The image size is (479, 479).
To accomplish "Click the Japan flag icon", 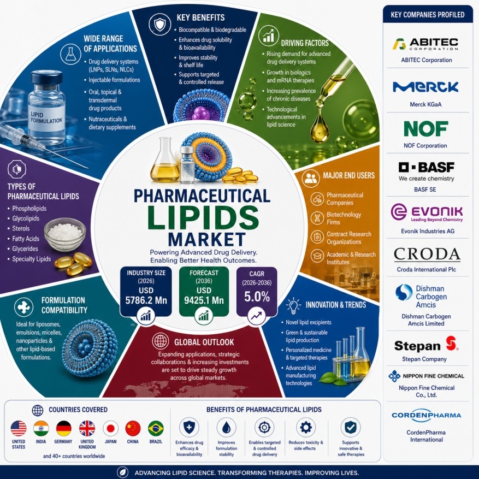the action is [x=110, y=428].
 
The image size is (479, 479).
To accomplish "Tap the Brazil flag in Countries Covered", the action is [x=156, y=428].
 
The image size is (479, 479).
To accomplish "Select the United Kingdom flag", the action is [x=87, y=428].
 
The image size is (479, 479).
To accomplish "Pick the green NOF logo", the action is [x=426, y=128].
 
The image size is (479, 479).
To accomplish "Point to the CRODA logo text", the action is [x=427, y=254].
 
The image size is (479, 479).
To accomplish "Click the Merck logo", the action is [x=425, y=87].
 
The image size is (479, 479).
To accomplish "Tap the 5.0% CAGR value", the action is [x=257, y=297].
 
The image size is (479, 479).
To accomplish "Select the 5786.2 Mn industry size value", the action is [x=146, y=300].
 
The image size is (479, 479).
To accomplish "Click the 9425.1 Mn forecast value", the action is [x=204, y=300].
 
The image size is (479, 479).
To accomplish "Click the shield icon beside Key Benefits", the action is [x=160, y=24].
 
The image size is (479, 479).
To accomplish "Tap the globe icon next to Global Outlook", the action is [x=161, y=341].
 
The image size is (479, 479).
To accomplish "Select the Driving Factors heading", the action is [x=305, y=43].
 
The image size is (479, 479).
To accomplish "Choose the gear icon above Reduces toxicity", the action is [x=306, y=427].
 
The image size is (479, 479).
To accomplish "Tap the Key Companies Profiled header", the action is [x=428, y=15].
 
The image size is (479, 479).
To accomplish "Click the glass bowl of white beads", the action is [x=65, y=234].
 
